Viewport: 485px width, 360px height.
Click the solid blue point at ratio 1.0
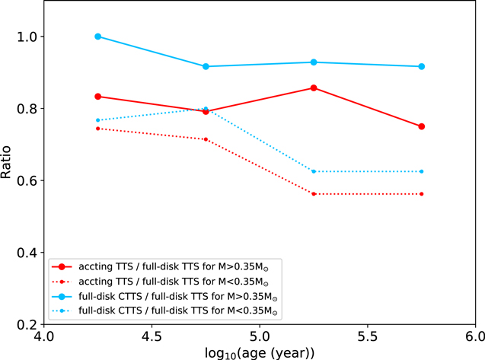[x=97, y=37]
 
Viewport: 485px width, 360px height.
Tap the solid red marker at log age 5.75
[x=421, y=126]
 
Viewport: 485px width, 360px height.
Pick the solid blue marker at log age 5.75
[x=421, y=67]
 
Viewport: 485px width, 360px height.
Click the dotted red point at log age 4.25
[x=97, y=129]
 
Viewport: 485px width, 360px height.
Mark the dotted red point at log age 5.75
[x=421, y=194]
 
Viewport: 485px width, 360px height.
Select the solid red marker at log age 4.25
[x=97, y=97]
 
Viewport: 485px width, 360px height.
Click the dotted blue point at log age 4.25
[x=97, y=120]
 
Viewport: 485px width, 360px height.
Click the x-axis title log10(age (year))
[x=259, y=352]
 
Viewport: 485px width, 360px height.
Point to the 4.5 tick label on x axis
[x=152, y=336]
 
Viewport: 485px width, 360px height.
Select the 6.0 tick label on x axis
[x=474, y=336]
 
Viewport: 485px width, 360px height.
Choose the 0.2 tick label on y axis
[x=27, y=324]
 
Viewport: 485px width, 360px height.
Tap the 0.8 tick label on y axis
[x=27, y=109]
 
